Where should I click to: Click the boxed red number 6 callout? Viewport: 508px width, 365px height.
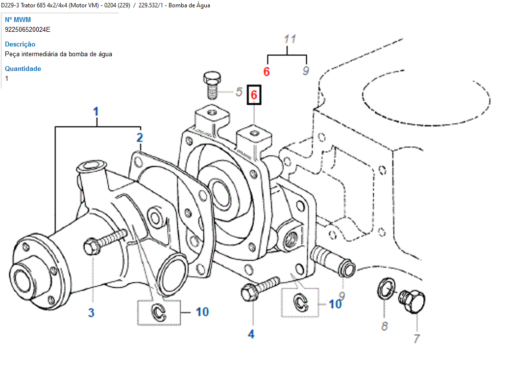click(254, 94)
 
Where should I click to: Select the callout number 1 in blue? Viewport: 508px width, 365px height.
click(96, 112)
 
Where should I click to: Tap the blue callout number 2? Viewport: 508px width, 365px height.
click(140, 137)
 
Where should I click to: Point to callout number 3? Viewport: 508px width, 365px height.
click(91, 313)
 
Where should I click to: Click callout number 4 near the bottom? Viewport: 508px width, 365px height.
click(251, 334)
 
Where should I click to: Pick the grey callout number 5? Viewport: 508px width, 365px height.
click(239, 91)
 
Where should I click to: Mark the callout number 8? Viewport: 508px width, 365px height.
click(385, 325)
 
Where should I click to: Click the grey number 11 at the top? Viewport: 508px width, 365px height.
click(290, 39)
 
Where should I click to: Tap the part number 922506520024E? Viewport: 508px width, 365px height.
click(27, 29)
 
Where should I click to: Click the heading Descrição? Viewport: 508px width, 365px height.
click(20, 44)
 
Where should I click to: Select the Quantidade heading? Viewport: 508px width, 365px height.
click(23, 68)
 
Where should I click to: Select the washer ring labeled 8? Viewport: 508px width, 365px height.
click(385, 288)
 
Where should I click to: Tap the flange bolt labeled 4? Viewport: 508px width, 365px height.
click(258, 289)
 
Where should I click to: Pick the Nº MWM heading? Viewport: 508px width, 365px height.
click(18, 20)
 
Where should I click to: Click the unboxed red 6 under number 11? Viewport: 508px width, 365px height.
click(266, 71)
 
